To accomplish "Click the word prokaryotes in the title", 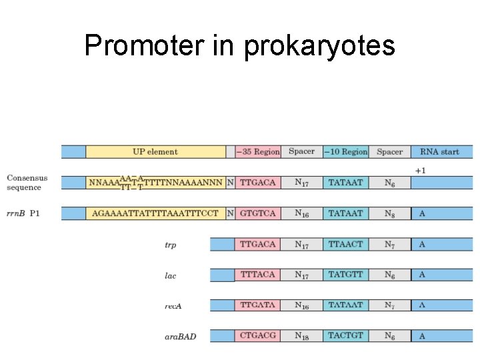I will tap(319, 47).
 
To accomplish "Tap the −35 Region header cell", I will tap(257, 152).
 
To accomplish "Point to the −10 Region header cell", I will tap(345, 152).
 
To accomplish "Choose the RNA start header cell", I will tap(439, 152).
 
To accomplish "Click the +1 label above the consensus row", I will tap(420, 171).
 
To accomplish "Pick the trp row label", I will tap(171, 245).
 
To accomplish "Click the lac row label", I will tap(171, 275).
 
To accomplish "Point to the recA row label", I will tap(173, 305).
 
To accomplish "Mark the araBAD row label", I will tap(180, 336).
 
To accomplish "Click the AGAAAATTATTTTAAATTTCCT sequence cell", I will tap(155, 213).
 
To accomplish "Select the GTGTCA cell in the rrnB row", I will tap(257, 213).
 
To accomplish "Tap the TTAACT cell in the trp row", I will tap(345, 244).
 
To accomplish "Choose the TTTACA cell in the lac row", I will tap(257, 275).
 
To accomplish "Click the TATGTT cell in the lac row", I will tap(345, 275).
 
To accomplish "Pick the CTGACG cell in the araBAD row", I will tap(257, 335).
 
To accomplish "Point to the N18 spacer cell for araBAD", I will tap(301, 335).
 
